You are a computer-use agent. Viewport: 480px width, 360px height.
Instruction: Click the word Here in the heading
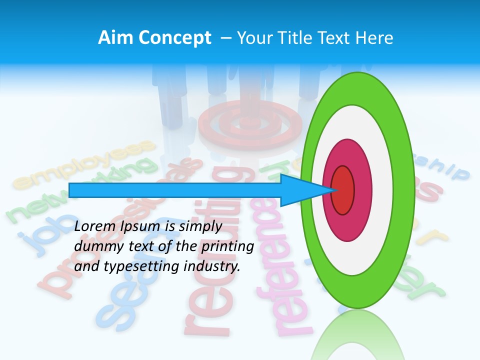pyautogui.click(x=374, y=38)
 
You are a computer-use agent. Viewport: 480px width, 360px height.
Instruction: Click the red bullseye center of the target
pyautogui.click(x=342, y=190)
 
